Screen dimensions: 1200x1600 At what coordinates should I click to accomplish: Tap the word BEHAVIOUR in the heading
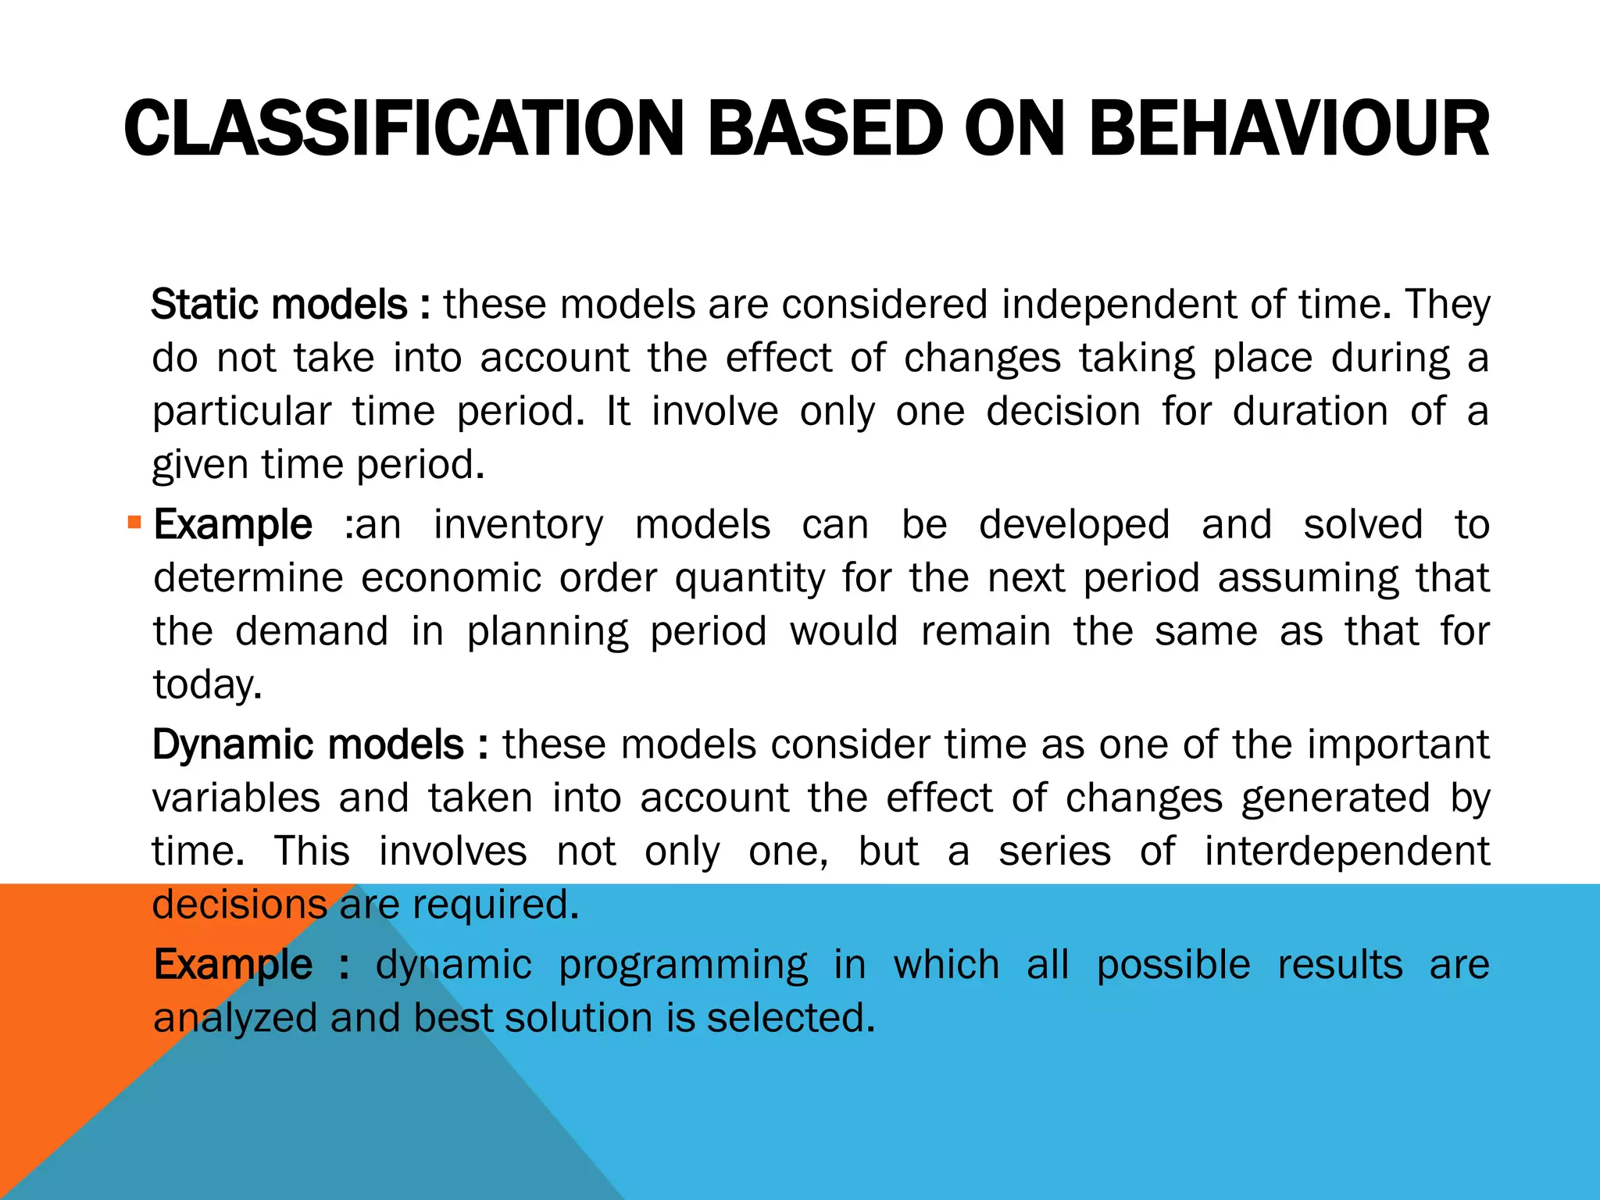1287,129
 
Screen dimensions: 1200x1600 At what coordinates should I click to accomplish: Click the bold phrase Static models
279,305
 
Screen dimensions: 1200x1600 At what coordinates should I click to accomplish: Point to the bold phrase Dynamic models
309,745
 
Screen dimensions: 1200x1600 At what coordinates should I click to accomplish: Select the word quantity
749,579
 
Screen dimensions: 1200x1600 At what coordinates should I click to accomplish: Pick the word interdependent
1346,851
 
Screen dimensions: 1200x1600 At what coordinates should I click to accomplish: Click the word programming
683,965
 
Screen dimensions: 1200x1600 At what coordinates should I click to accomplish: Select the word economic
451,578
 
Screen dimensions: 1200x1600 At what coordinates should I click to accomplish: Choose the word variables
236,798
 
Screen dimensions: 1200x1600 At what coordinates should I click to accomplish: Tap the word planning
547,632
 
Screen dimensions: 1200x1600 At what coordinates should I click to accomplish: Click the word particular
241,412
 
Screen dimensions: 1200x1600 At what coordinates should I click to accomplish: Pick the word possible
1173,965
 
